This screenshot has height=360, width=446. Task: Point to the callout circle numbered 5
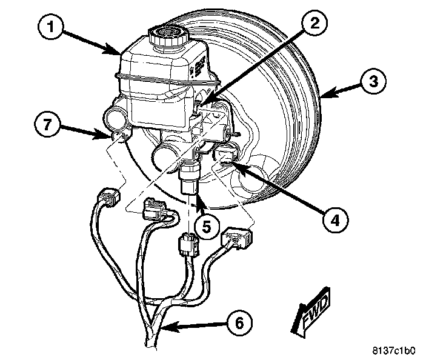(207, 227)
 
